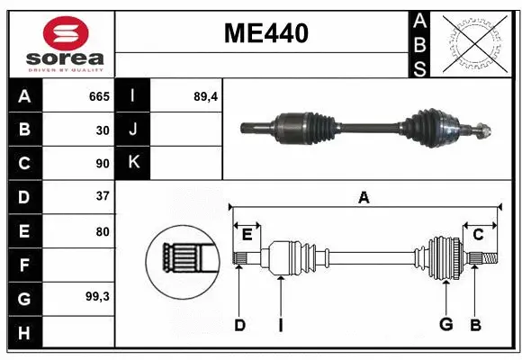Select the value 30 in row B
[103, 130]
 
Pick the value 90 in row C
[103, 164]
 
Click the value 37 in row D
[103, 196]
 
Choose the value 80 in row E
[103, 231]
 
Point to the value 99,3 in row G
[97, 296]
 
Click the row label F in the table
[23, 265]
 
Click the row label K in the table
[133, 163]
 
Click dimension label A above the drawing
[364, 197]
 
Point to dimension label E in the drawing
[247, 235]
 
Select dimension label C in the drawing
[479, 234]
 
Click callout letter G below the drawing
[445, 325]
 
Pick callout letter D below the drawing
[239, 325]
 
